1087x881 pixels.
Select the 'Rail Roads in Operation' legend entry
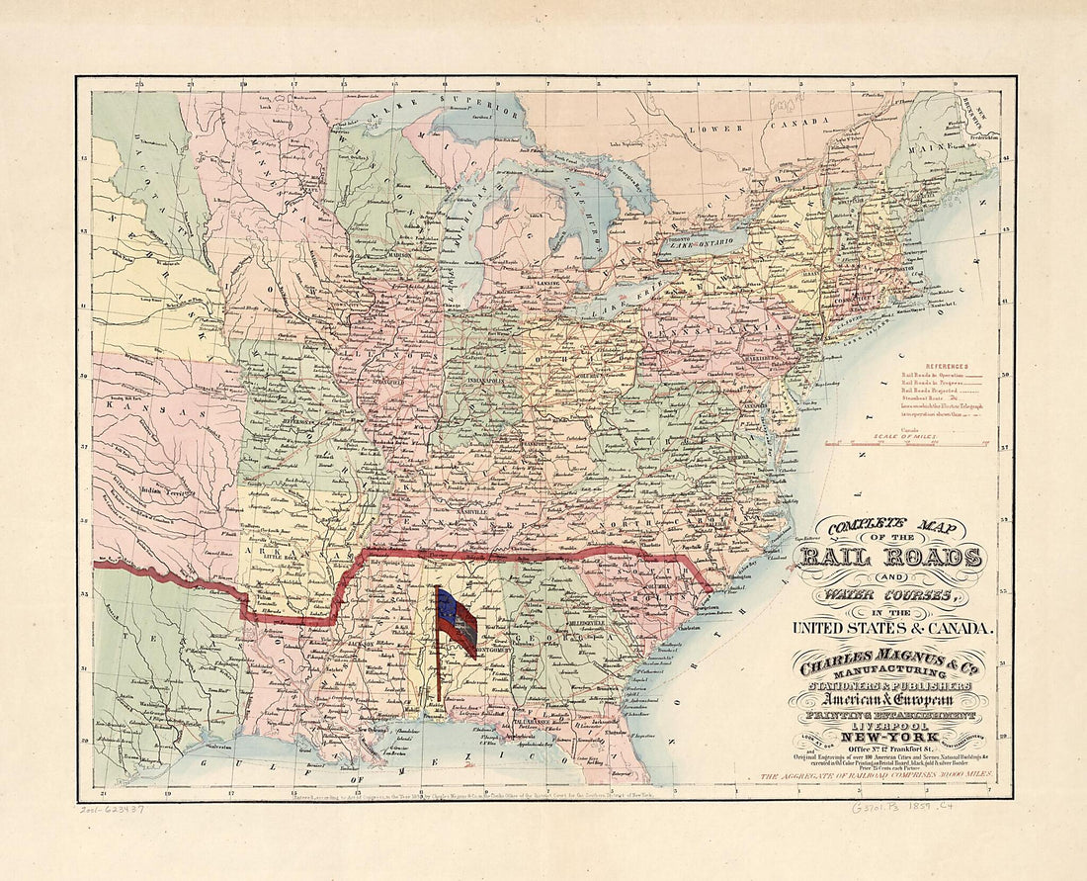pyautogui.click(x=934, y=377)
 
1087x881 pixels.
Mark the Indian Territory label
pyautogui.click(x=164, y=488)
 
